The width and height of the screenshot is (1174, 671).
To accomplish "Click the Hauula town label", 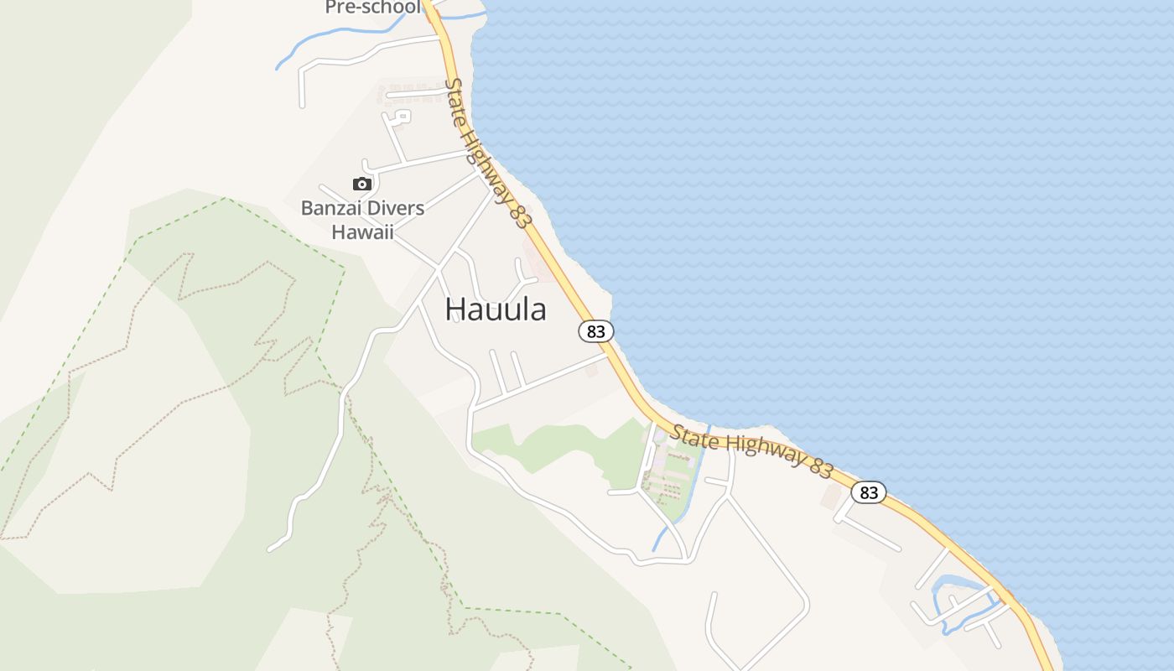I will tap(496, 309).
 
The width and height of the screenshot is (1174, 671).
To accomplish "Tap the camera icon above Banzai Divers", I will tap(362, 184).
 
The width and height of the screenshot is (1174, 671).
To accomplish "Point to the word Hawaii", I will tap(362, 232).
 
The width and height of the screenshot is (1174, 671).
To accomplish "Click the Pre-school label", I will tap(372, 8).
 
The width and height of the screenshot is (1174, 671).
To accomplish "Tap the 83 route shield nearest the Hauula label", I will tap(595, 331).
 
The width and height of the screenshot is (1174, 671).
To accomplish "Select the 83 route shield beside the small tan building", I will tap(869, 492).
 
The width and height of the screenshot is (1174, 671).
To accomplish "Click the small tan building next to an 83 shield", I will tap(832, 497).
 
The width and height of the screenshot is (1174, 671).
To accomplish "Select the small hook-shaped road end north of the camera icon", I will tap(402, 117).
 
